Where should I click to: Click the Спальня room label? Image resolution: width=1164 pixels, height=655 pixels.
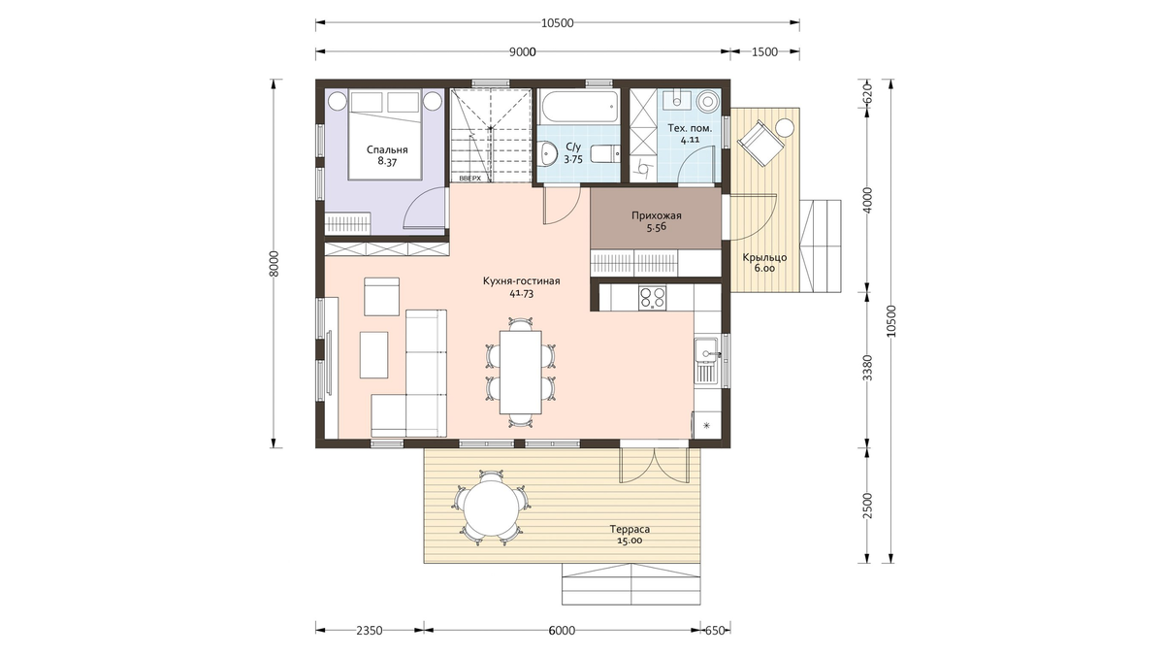(387, 149)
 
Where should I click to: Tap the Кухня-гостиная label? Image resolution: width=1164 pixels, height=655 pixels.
(521, 281)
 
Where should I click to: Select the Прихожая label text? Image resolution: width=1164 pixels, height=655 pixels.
(657, 215)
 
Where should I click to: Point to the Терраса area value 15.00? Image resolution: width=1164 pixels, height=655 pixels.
(630, 540)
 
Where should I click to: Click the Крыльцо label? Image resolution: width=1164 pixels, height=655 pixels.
(764, 258)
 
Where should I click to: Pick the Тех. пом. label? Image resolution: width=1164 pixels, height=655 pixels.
(690, 128)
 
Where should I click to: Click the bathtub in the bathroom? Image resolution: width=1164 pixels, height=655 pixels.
(579, 107)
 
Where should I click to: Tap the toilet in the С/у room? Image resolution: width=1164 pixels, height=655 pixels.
(605, 154)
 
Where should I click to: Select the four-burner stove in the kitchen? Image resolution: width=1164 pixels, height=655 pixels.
(653, 299)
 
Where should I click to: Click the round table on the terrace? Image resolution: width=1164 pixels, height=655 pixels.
(491, 507)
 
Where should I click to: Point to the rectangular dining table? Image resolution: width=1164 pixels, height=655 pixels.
(520, 373)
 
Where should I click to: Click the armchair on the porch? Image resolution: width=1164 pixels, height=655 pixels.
(760, 142)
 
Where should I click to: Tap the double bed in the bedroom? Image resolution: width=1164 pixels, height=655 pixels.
(384, 136)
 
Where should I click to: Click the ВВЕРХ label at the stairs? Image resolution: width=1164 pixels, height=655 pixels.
(470, 179)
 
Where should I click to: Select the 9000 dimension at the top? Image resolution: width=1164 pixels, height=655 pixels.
(522, 52)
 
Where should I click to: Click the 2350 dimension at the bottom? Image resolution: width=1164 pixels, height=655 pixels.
(370, 631)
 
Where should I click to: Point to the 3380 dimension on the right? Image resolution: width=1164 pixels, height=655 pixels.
(868, 368)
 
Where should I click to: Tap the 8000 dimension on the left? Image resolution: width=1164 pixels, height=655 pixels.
(275, 264)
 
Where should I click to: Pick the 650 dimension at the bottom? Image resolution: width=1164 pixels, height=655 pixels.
(715, 631)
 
